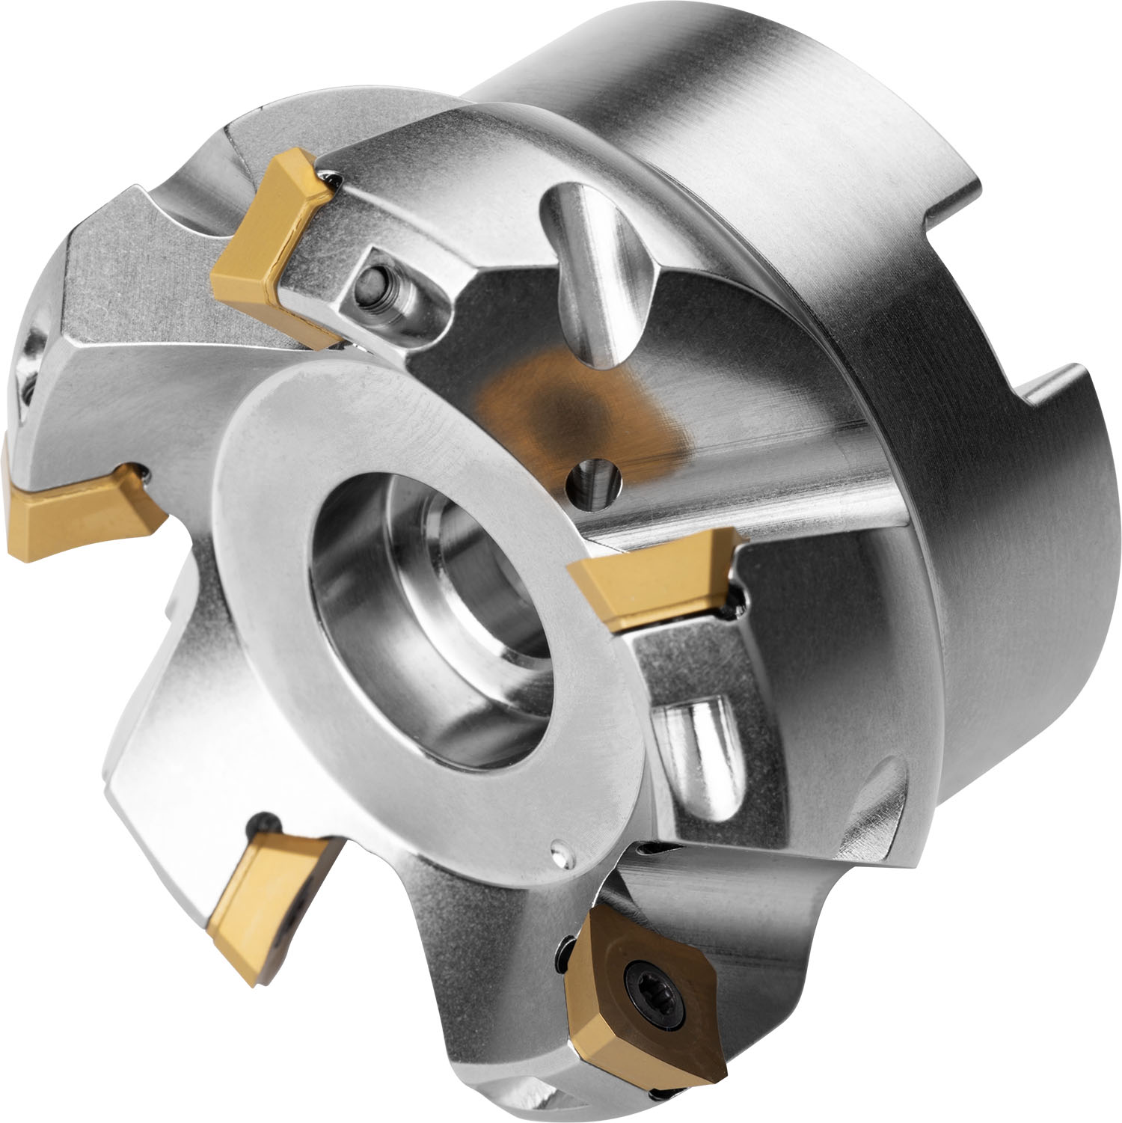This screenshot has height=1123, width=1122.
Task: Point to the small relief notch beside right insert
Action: pos(736,599)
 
